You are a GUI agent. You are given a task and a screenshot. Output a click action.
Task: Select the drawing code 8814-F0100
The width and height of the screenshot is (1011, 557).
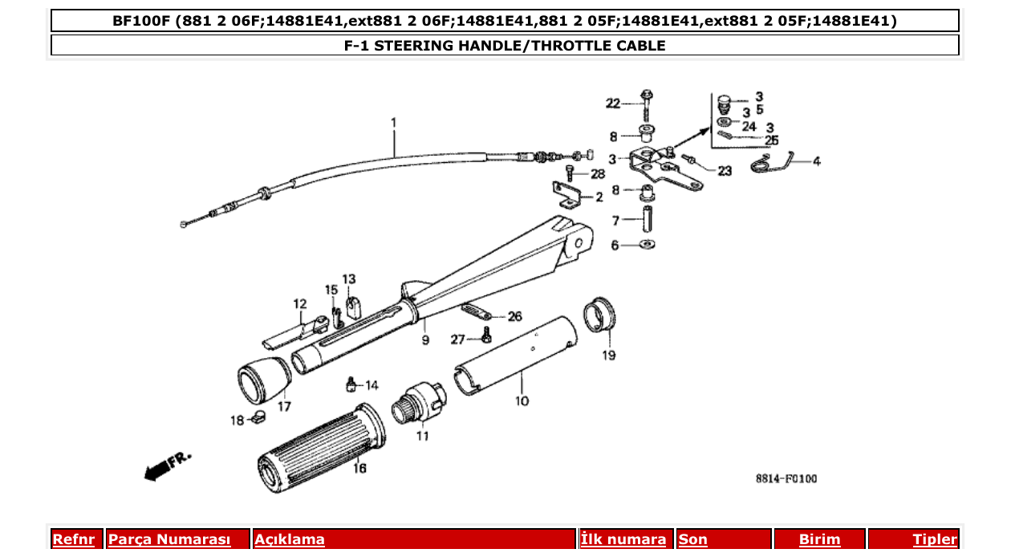coord(786,479)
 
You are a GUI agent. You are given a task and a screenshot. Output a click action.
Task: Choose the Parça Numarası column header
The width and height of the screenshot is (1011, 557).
coord(169,539)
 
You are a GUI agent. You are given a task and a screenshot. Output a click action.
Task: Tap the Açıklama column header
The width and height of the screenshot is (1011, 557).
coord(290,539)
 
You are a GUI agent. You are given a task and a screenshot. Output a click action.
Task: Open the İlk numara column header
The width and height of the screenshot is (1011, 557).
coord(623,539)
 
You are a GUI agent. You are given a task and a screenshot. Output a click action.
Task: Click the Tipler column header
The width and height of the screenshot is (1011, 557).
coord(934,539)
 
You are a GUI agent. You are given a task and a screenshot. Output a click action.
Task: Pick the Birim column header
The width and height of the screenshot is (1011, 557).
coord(819,539)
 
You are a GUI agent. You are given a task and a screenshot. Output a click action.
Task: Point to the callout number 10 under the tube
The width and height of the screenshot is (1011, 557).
coord(522,400)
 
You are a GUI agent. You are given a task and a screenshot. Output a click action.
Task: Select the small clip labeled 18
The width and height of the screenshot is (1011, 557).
coord(258,417)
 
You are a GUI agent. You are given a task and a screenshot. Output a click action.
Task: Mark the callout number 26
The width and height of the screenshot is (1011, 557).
coord(514,316)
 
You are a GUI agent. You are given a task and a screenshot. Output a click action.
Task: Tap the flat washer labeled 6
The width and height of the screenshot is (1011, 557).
coord(648,244)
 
